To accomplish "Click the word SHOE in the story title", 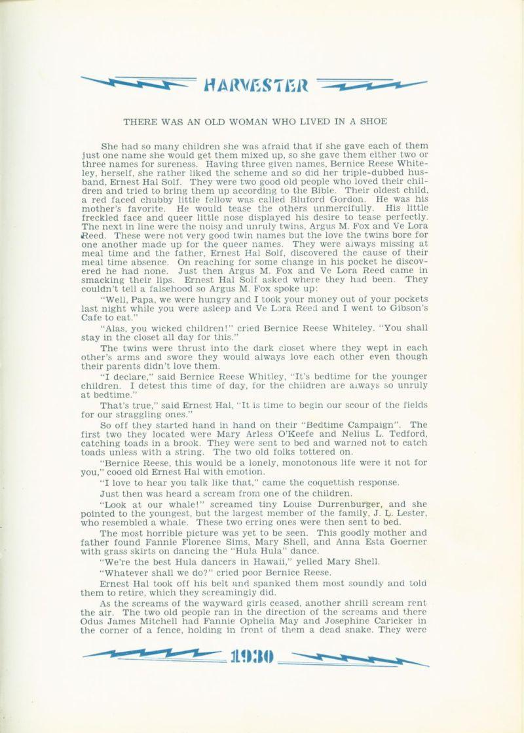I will tap(373, 121).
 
